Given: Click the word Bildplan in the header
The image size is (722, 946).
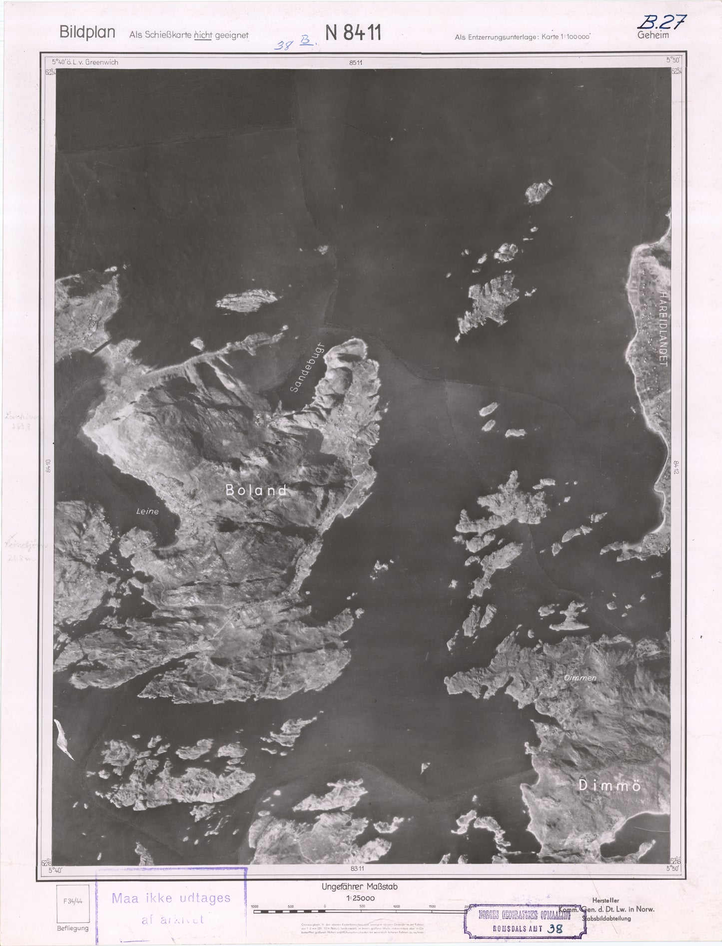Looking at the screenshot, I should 87,32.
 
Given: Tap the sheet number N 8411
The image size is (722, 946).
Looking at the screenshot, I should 353,33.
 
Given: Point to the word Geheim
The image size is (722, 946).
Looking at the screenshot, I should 653,35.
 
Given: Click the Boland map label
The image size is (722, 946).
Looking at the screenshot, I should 256,490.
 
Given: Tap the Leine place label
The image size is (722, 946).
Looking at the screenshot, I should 147,511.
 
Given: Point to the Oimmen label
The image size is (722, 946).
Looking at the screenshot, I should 580,678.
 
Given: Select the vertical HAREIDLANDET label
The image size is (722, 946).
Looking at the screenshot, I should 663,329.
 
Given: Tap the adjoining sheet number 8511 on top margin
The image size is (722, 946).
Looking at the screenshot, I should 356,62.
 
